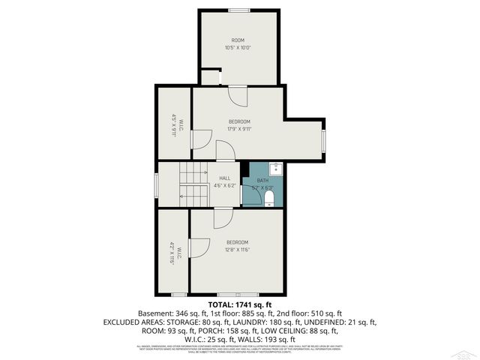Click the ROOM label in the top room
click(x=238, y=40)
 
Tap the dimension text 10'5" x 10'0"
click(x=238, y=48)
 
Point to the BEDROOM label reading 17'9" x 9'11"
click(x=239, y=121)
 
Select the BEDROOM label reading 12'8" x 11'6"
click(x=238, y=242)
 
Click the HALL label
click(x=225, y=178)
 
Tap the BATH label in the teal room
click(x=262, y=181)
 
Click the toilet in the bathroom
click(x=269, y=197)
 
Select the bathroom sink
click(x=274, y=169)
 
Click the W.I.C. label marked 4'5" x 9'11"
click(x=173, y=123)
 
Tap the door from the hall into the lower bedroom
click(x=223, y=217)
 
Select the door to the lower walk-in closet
click(x=199, y=248)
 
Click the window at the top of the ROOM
click(x=239, y=10)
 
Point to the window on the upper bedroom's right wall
click(x=324, y=140)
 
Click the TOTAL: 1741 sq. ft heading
click(x=239, y=305)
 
